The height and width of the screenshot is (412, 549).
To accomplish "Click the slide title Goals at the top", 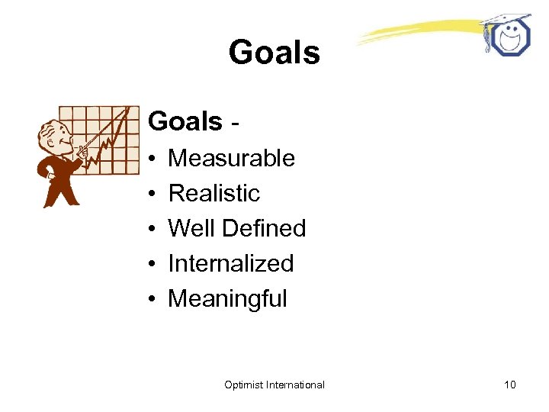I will (x=274, y=53).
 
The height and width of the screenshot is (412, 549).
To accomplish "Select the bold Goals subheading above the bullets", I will (x=185, y=121).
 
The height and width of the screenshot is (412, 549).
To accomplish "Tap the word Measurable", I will (x=231, y=158).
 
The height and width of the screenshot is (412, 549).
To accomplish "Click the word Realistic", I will (x=213, y=193).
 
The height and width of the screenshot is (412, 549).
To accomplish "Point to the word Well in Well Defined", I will (x=186, y=228).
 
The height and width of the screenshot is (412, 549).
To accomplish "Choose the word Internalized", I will (x=230, y=263).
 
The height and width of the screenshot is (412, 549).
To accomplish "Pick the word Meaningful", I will (x=227, y=299).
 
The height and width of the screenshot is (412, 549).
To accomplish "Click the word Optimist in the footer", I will (x=244, y=385).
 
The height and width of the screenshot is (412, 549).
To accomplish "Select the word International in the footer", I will (x=296, y=385).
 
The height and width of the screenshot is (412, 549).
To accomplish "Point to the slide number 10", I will (x=509, y=385).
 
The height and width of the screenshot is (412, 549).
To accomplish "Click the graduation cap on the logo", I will (x=506, y=20).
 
